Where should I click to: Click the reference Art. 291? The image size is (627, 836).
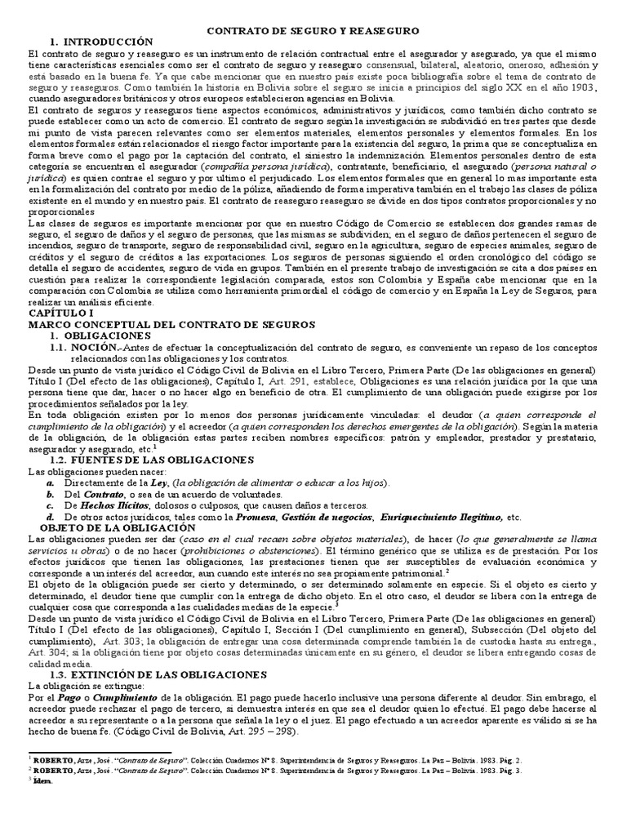(318, 381)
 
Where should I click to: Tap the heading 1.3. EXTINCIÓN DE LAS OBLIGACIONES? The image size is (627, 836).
(158, 675)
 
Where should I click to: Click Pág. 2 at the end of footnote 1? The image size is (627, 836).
(509, 758)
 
